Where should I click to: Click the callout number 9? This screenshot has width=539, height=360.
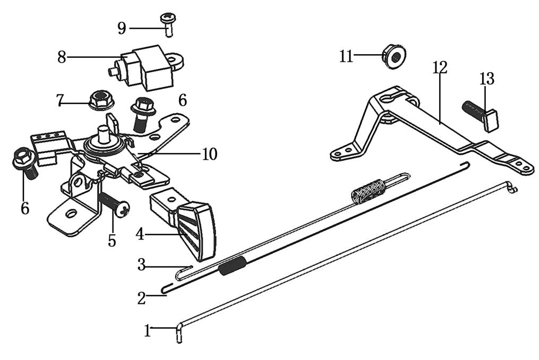122,28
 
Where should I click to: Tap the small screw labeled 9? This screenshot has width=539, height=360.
167,23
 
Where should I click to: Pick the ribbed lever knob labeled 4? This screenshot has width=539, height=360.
194,223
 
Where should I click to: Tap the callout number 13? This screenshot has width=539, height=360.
486,79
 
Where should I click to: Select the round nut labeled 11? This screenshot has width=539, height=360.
393,56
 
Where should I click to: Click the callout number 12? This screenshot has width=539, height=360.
440,67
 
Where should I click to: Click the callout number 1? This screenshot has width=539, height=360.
147,331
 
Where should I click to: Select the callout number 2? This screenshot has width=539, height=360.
141,298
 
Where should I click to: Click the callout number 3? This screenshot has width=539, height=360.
141,264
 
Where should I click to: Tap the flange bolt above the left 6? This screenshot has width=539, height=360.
23,161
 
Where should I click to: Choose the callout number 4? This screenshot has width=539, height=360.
140,234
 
